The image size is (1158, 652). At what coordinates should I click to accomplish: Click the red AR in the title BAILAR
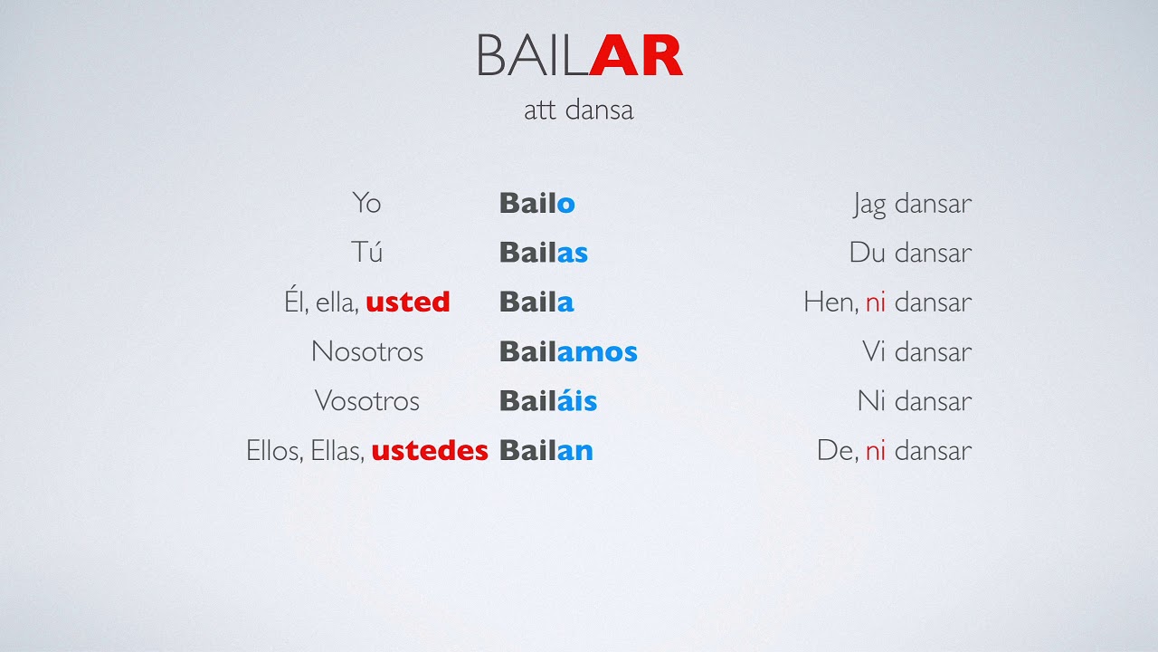click(x=636, y=56)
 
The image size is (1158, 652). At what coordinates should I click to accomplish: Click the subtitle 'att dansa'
click(x=578, y=110)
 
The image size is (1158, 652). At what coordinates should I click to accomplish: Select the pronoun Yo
click(x=366, y=203)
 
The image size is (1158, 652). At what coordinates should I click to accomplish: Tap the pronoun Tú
click(x=366, y=252)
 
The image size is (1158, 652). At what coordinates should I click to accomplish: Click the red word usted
click(x=407, y=302)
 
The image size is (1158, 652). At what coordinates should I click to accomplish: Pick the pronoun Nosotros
click(x=366, y=351)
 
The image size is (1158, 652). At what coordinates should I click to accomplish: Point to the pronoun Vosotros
click(x=366, y=400)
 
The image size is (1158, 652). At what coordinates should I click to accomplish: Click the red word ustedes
click(x=429, y=450)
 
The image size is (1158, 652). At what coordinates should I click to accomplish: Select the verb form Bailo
click(x=536, y=203)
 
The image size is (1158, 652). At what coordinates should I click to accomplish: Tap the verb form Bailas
click(x=543, y=252)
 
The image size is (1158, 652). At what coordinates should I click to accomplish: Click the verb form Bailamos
click(x=567, y=351)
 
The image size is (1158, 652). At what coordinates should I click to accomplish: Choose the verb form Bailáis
click(x=547, y=400)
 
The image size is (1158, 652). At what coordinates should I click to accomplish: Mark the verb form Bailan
click(x=546, y=450)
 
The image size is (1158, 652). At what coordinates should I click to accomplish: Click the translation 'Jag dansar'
click(x=912, y=204)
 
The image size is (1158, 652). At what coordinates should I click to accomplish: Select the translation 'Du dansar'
click(x=910, y=253)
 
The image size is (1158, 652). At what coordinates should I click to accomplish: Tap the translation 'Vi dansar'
click(x=916, y=351)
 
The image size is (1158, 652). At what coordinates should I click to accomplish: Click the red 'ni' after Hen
click(x=875, y=302)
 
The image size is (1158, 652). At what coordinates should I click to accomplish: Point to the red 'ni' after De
click(x=875, y=450)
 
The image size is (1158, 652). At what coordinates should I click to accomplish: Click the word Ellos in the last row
click(x=273, y=450)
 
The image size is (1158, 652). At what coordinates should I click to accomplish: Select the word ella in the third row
click(x=334, y=302)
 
